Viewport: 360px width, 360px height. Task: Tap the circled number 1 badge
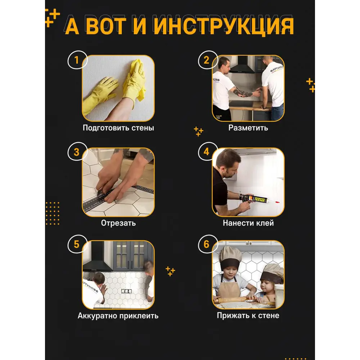pyautogui.click(x=76, y=60)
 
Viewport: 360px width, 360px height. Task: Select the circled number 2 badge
pyautogui.click(x=206, y=60)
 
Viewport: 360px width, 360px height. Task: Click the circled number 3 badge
pyautogui.click(x=76, y=152)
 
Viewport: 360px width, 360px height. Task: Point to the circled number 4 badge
pyautogui.click(x=206, y=152)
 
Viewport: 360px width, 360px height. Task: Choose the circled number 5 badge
pyautogui.click(x=76, y=244)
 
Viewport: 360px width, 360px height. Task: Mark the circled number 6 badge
pyautogui.click(x=206, y=244)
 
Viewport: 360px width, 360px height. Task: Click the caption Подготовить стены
pyautogui.click(x=118, y=128)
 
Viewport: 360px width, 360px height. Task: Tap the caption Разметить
pyautogui.click(x=248, y=128)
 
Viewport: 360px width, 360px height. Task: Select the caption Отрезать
pyautogui.click(x=118, y=223)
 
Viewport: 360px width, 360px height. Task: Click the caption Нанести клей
pyautogui.click(x=248, y=223)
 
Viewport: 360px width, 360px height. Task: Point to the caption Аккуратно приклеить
pyautogui.click(x=118, y=316)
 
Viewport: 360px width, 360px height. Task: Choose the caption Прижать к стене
pyautogui.click(x=248, y=316)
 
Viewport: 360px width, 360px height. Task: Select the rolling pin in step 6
pyautogui.click(x=245, y=299)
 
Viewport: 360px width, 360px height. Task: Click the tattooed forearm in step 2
pyautogui.click(x=244, y=93)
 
